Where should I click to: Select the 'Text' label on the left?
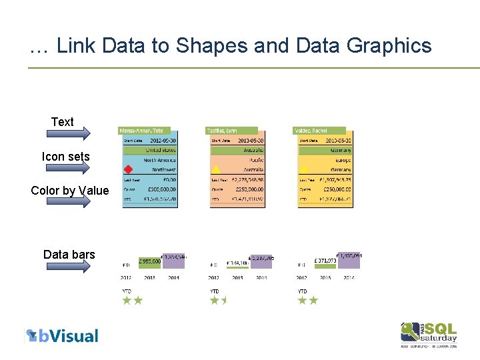point(63,122)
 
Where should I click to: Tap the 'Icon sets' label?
point(65,157)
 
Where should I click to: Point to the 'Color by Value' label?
point(70,191)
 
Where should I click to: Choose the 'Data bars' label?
point(69,255)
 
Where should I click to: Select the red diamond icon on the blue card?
point(129,169)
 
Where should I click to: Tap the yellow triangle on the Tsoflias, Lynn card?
point(216,169)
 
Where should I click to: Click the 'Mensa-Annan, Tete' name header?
point(141,131)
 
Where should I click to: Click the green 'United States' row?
point(151,150)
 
